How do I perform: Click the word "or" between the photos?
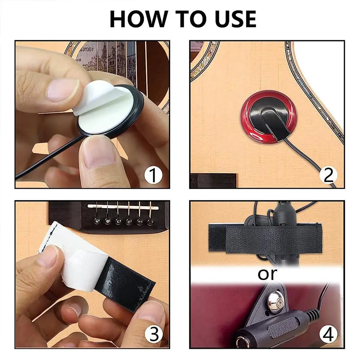268,274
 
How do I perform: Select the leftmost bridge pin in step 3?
97,220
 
